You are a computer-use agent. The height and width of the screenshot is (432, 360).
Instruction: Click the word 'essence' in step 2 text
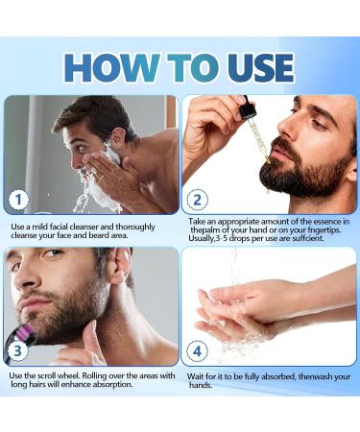pyautogui.click(x=310, y=222)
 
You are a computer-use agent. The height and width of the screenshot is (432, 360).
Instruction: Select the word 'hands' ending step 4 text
pyautogui.click(x=200, y=386)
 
